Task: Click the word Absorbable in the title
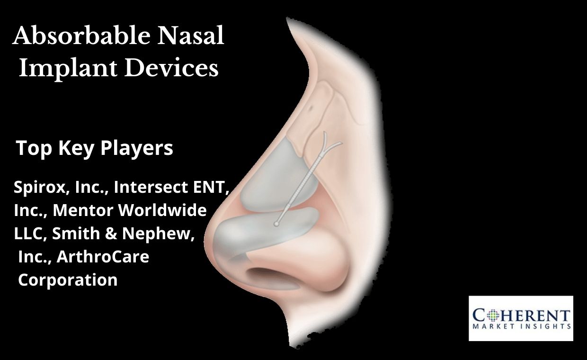tap(81, 36)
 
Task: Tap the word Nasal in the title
tap(190, 36)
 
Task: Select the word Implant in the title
tap(68, 69)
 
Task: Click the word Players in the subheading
tap(137, 148)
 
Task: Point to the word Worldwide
tap(162, 210)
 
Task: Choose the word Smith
tap(76, 233)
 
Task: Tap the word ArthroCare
tap(103, 256)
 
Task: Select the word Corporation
tap(68, 280)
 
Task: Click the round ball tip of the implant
tap(276, 224)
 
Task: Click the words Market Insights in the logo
tap(522, 326)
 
